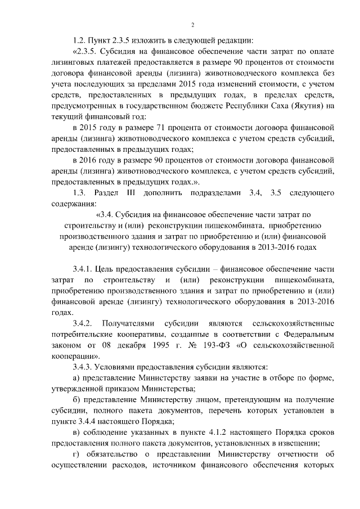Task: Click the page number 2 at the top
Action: point(192,25)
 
